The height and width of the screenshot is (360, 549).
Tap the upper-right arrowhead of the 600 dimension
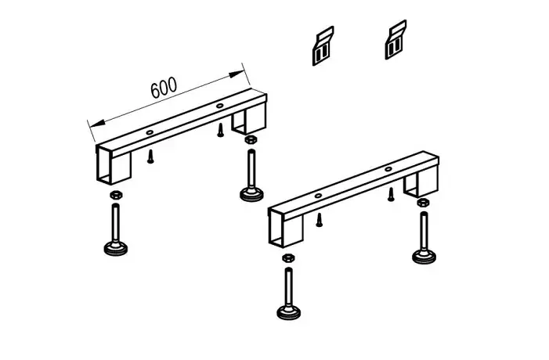(236, 74)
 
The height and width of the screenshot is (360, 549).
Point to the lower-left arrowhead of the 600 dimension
(97, 123)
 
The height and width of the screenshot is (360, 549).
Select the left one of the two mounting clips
(323, 46)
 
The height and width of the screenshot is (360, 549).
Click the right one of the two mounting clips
(395, 40)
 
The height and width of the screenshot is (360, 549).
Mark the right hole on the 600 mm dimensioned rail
(219, 106)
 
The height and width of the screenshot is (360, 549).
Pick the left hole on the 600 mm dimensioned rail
(150, 132)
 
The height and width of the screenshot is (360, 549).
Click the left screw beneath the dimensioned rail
(150, 157)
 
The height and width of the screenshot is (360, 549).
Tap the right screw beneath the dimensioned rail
(220, 130)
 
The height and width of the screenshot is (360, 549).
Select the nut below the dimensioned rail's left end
(116, 195)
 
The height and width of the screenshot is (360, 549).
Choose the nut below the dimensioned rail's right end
(250, 139)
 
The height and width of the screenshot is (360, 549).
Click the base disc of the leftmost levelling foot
(116, 249)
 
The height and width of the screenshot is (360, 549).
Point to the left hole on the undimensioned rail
(318, 196)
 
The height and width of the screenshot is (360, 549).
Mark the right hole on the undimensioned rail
(388, 169)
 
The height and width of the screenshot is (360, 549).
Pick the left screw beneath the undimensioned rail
(319, 220)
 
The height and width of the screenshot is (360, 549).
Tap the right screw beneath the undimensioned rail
(391, 195)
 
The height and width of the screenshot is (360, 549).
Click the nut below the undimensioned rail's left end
(287, 257)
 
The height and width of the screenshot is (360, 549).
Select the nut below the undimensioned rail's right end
(423, 202)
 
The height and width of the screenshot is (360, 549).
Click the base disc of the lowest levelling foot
(288, 312)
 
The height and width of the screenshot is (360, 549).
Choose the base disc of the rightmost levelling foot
(424, 257)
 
